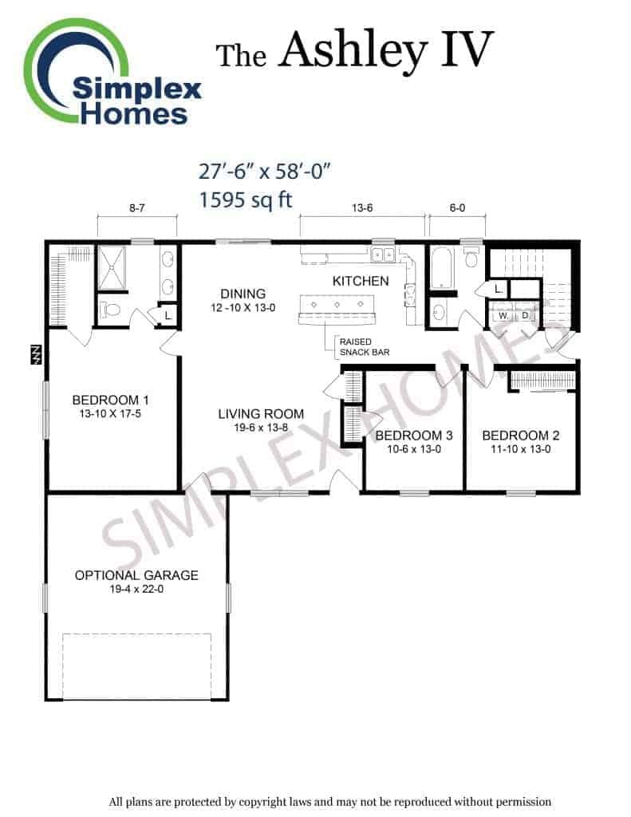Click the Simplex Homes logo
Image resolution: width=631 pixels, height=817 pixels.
[x=112, y=73]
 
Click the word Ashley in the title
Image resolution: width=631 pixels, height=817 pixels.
[x=353, y=51]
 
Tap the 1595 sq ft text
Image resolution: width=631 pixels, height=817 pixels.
[x=246, y=199]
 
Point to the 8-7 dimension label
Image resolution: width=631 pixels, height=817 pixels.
[x=137, y=208]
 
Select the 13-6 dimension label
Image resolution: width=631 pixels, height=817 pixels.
[x=362, y=208]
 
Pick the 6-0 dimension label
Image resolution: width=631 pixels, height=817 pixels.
[x=457, y=208]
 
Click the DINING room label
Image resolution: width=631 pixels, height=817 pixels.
[x=243, y=294]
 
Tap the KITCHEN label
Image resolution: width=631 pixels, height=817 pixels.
[x=361, y=282]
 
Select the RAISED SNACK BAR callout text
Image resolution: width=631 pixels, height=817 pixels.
[x=365, y=347]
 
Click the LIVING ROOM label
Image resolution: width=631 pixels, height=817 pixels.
[x=261, y=414]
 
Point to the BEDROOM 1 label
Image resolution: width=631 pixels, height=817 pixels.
[x=110, y=401]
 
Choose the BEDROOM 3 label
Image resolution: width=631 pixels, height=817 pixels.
[x=414, y=436]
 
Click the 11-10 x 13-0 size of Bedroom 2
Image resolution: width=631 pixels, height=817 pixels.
[x=521, y=449]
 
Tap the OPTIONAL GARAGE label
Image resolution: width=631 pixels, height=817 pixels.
[x=136, y=575]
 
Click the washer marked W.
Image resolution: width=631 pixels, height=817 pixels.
[x=503, y=316]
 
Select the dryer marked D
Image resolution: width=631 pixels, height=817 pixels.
[x=525, y=316]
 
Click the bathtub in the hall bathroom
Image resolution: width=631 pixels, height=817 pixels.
[x=443, y=268]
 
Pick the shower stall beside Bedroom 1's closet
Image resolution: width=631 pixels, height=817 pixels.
[x=112, y=268]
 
